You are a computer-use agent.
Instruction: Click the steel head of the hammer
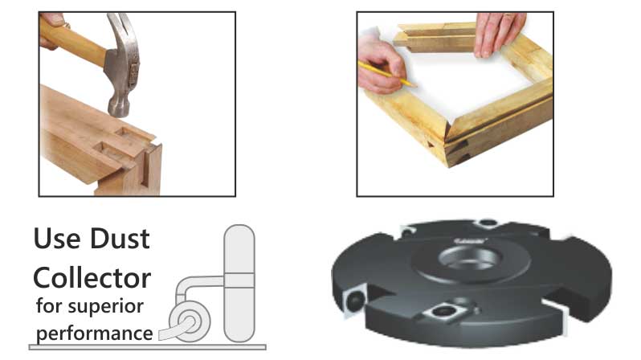[123, 65]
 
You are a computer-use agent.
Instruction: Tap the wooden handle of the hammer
[74, 42]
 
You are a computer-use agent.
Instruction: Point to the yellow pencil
[386, 74]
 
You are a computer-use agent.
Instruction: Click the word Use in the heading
[57, 239]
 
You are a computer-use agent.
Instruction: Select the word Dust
[120, 239]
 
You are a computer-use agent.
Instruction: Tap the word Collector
[92, 278]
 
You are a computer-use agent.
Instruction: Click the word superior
[105, 307]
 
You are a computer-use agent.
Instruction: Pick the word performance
[95, 334]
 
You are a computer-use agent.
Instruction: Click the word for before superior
[49, 305]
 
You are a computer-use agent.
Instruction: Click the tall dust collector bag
[239, 283]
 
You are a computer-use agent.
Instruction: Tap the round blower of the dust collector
[190, 321]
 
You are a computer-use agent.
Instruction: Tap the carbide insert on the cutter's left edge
[354, 301]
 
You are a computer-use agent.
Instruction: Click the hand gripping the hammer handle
[52, 29]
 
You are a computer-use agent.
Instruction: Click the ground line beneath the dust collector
[148, 347]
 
